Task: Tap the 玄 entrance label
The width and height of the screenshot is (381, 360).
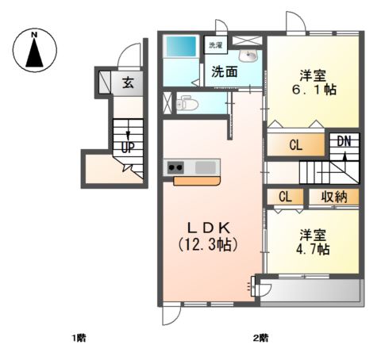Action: (127, 82)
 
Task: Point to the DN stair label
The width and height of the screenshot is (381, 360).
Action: (344, 142)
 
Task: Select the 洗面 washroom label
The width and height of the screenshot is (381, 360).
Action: (225, 71)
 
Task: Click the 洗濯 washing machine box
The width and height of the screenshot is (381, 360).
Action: (215, 45)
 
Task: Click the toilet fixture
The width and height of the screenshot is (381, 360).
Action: (187, 102)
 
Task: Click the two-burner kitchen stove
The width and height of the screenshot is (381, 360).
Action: (175, 167)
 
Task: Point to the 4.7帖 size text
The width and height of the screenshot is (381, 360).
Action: (315, 249)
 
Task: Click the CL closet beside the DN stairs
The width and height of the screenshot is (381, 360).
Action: (295, 145)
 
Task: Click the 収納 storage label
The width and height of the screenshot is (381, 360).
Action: (333, 197)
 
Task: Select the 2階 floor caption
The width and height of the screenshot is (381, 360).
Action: (260, 339)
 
